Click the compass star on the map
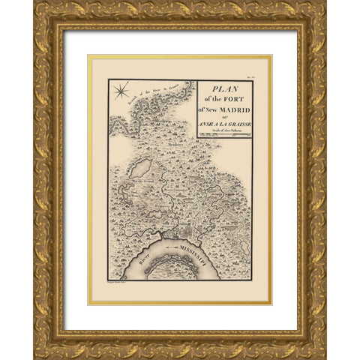click(x=120, y=92)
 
